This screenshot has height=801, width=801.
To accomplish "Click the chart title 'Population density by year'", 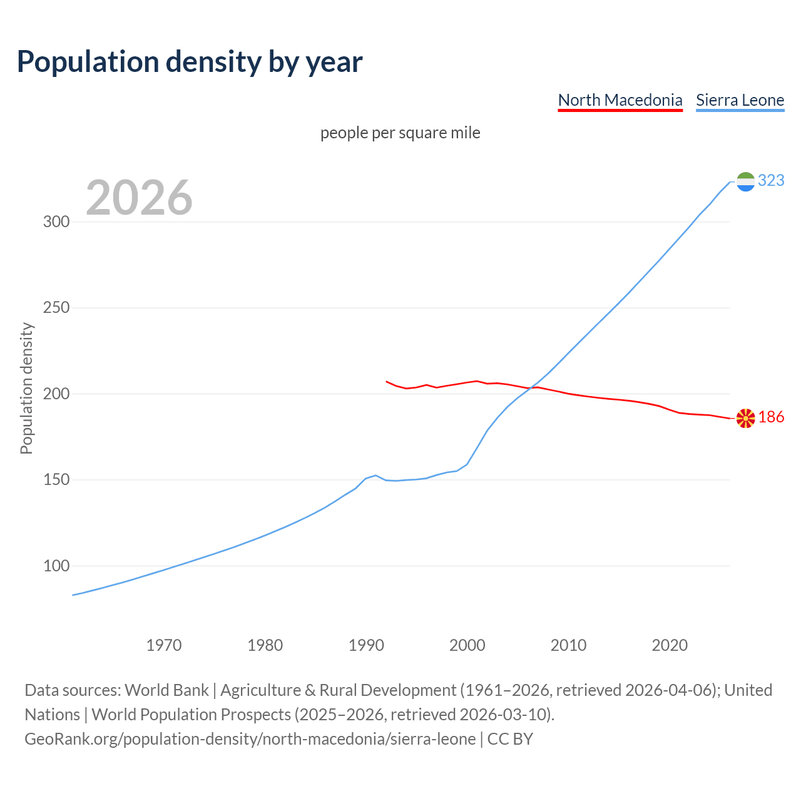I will click(190, 62).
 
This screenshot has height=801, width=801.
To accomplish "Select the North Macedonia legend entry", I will click(620, 100).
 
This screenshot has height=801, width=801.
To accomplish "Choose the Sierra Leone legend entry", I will click(740, 100).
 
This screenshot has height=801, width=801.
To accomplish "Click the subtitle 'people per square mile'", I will click(400, 133).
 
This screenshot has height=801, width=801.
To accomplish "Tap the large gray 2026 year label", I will click(139, 198).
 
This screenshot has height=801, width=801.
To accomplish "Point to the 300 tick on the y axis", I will click(56, 222).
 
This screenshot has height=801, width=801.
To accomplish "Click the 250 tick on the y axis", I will click(56, 308).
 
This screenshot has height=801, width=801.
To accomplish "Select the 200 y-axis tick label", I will click(56, 394).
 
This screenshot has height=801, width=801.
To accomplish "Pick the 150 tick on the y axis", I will click(56, 480).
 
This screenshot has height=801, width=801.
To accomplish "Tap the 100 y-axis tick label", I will click(56, 566).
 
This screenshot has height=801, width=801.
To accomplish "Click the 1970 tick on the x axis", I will click(164, 645).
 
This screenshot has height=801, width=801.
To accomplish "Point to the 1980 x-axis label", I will click(265, 645).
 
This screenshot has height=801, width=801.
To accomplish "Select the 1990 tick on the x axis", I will click(366, 645).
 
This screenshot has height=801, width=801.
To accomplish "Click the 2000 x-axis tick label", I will click(467, 645).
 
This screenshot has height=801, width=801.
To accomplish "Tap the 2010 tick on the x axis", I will click(568, 645).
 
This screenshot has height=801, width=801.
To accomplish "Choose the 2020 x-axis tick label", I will click(670, 645).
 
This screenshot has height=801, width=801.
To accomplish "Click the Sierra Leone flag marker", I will click(745, 181).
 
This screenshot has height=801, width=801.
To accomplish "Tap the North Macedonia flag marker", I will click(745, 418).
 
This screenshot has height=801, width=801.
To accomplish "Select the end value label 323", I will click(771, 181).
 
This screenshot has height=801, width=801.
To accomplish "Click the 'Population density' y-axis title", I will click(26, 388).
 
